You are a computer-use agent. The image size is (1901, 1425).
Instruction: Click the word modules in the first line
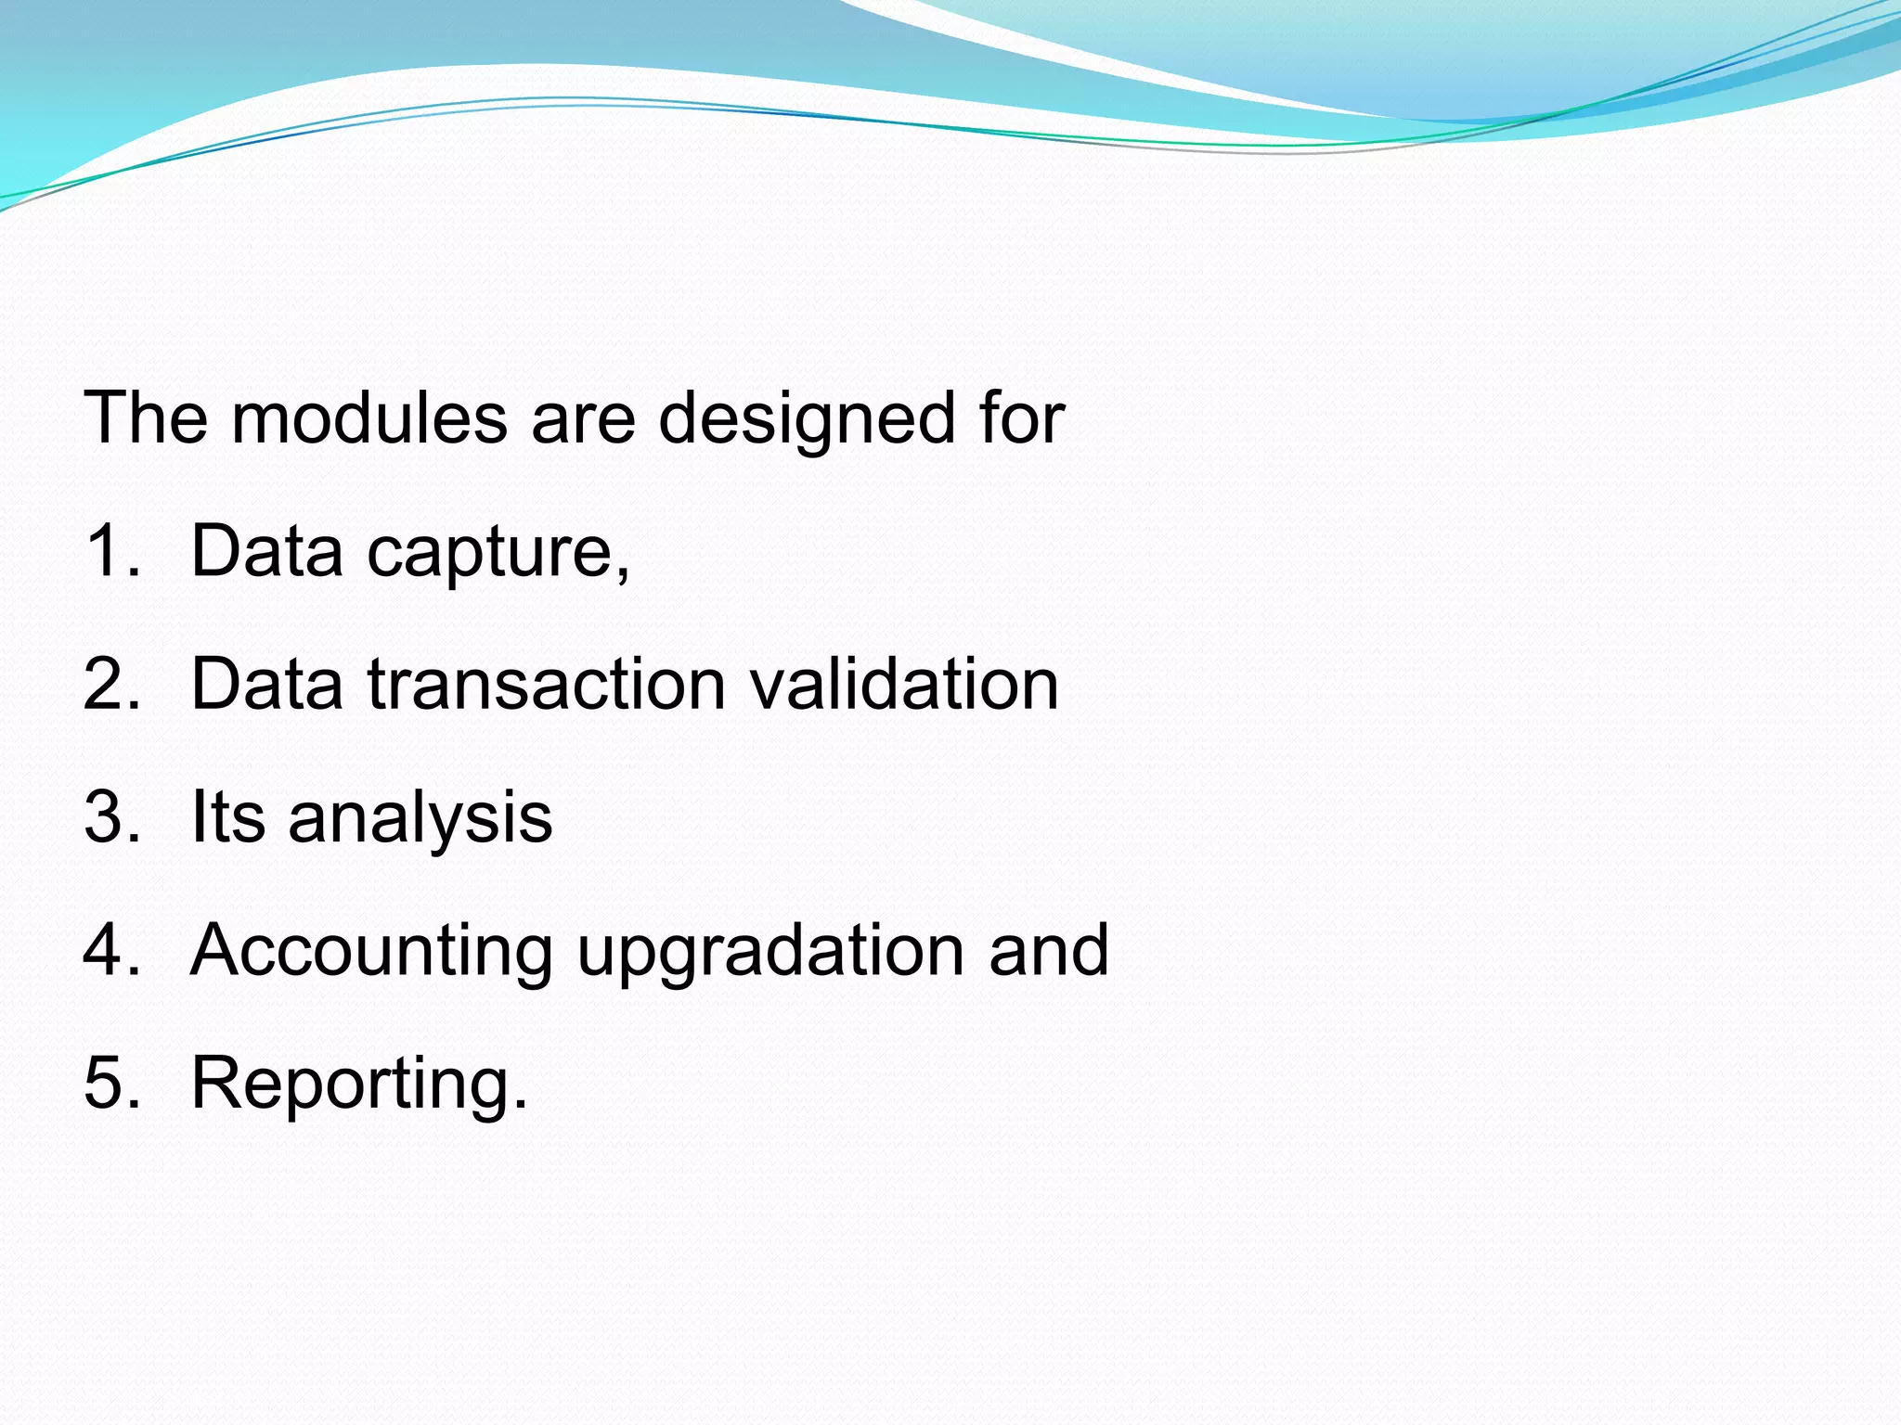[369, 418]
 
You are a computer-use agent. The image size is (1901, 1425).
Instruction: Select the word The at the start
[146, 418]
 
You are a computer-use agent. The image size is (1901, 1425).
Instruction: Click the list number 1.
[111, 551]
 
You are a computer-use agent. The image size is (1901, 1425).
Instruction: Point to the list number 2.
[111, 685]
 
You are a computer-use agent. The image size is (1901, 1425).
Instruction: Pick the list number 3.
[111, 817]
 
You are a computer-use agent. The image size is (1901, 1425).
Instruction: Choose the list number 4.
[111, 951]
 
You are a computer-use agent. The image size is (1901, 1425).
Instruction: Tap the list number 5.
[111, 1084]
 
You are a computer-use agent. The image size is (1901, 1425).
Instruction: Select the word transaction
[547, 685]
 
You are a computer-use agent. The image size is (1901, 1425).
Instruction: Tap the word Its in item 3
[227, 817]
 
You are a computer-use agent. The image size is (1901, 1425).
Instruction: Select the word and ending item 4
[1049, 951]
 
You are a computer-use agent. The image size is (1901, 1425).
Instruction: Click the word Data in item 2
[266, 685]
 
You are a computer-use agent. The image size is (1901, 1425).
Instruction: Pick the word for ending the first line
[1022, 418]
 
